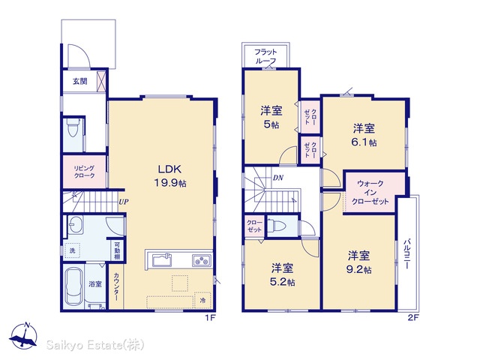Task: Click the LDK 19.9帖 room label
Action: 170,175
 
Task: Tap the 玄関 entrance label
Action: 80,81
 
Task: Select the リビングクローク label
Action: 84,172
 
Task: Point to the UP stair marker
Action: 124,202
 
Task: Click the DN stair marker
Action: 278,178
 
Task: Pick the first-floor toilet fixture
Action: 73,127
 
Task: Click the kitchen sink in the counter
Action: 162,260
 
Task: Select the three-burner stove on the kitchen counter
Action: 202,260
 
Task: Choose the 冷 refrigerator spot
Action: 202,300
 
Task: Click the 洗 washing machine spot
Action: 72,250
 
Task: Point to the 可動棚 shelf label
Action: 117,250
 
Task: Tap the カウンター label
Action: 116,286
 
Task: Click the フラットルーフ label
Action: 265,56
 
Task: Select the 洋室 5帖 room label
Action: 271,117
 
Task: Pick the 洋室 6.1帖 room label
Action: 364,135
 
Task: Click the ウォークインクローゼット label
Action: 370,193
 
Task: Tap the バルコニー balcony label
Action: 406,253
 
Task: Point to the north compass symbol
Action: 23,335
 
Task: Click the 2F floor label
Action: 412,318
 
